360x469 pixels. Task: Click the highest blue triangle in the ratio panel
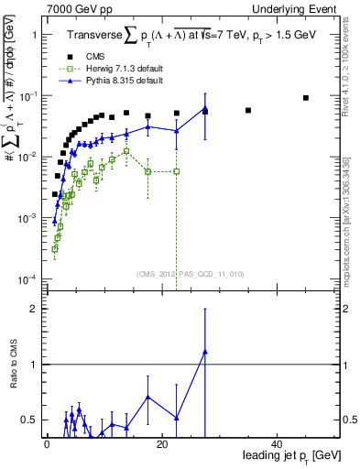[205, 351]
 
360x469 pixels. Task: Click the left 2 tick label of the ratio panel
[34, 309]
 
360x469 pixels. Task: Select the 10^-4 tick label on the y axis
[27, 279]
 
